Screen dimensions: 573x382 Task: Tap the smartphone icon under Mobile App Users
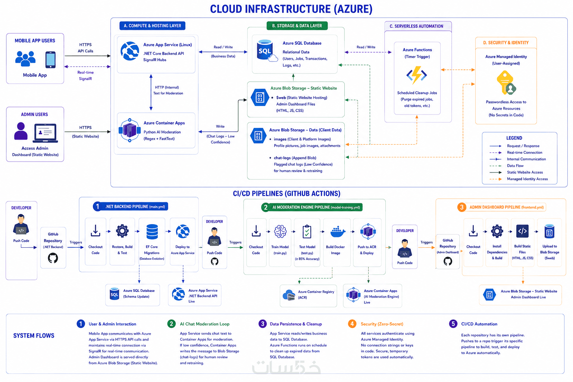[50, 60]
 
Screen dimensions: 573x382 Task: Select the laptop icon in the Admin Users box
[46, 133]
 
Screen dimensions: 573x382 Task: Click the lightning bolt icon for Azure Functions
[417, 75]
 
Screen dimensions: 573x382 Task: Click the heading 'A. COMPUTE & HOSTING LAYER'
[153, 26]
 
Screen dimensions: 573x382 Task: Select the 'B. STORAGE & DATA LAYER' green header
[297, 26]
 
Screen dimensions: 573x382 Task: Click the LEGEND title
[514, 138]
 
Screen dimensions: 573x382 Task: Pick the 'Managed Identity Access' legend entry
[527, 179]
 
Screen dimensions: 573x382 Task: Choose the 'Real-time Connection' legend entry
[525, 153]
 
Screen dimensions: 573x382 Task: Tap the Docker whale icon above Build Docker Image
[338, 232]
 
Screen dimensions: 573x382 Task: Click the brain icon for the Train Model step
[280, 231]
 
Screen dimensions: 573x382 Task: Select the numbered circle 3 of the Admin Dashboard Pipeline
[462, 207]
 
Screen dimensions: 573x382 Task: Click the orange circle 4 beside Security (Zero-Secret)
[352, 324]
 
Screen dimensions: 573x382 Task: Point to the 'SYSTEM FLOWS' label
[34, 335]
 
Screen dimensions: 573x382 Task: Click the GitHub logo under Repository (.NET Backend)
[53, 258]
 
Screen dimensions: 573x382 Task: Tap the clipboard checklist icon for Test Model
[307, 231]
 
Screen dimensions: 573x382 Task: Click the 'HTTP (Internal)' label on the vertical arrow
[167, 87]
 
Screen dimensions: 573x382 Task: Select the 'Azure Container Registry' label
[316, 292]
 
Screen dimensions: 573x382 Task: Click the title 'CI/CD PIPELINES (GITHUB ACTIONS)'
[286, 194]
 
